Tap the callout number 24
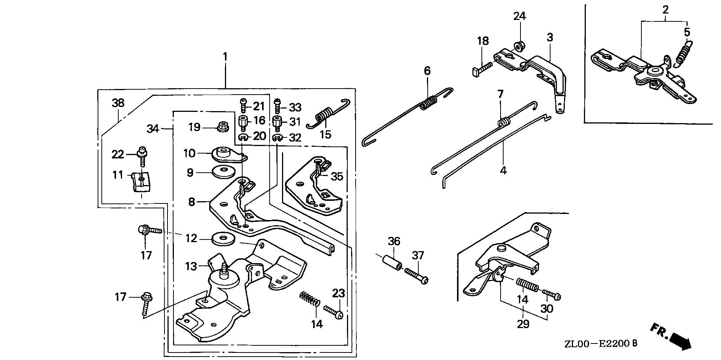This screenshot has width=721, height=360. [x=520, y=17]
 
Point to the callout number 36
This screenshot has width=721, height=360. [x=394, y=241]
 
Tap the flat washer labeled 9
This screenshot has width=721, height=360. [x=225, y=172]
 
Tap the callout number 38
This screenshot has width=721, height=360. [x=118, y=103]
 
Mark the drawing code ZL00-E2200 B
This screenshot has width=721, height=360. [x=600, y=343]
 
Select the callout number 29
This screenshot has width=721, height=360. [x=523, y=324]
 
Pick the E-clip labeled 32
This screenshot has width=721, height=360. [x=277, y=139]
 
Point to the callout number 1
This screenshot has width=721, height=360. [x=225, y=57]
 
